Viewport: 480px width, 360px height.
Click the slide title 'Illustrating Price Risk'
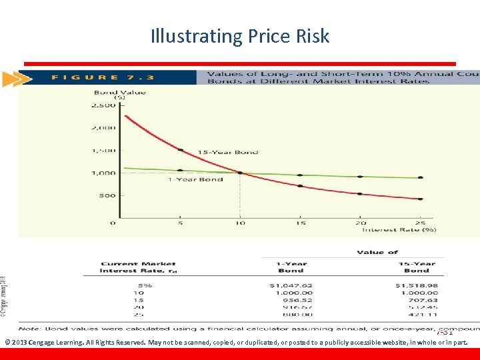click(x=240, y=35)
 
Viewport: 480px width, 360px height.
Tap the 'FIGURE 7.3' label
click(x=103, y=77)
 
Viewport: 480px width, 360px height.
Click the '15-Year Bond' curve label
click(x=227, y=152)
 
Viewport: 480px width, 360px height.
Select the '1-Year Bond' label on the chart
click(x=195, y=179)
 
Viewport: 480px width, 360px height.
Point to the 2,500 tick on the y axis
click(x=103, y=105)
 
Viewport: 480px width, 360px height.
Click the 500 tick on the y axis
click(x=107, y=195)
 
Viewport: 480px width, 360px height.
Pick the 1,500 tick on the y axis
click(x=103, y=150)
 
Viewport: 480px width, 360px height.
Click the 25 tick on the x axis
click(x=421, y=223)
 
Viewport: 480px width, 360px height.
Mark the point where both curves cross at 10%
click(x=240, y=173)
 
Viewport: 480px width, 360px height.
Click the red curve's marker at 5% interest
click(x=180, y=149)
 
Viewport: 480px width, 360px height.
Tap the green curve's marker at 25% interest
click(x=421, y=178)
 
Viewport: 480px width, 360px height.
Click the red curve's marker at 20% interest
click(x=360, y=194)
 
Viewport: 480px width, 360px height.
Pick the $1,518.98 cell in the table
click(x=420, y=285)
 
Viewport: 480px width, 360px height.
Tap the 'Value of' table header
click(x=377, y=252)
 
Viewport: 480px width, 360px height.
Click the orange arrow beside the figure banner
click(x=11, y=79)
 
